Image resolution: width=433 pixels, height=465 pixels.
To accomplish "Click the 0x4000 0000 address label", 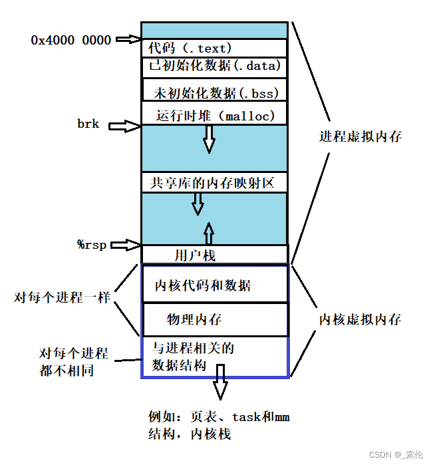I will tap(71, 40).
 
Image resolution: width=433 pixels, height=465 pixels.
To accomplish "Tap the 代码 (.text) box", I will tap(214, 48).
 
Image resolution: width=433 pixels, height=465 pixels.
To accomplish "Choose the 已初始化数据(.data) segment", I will tap(214, 66).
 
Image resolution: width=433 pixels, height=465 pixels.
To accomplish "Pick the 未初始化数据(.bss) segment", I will tap(214, 91).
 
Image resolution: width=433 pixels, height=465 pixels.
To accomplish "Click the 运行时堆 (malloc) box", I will tap(214, 114).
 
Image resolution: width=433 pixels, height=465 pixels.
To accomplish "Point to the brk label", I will tap(88, 124).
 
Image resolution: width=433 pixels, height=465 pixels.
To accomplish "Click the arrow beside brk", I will tap(124, 125).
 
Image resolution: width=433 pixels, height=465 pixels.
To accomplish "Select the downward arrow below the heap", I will tap(210, 138).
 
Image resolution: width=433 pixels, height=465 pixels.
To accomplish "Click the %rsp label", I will tap(92, 244).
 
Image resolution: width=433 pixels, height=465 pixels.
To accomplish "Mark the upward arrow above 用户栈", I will tap(209, 233).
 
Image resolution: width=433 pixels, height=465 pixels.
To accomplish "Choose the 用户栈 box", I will tap(214, 255).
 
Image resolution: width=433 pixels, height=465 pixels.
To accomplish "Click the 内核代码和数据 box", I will tap(214, 285).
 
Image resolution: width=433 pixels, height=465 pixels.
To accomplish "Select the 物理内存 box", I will tap(214, 320).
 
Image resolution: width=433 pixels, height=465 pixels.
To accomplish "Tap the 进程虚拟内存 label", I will tap(360, 137).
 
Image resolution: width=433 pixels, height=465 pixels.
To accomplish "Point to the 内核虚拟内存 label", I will tap(360, 319).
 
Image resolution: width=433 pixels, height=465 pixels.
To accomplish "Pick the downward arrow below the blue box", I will tap(220, 389).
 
